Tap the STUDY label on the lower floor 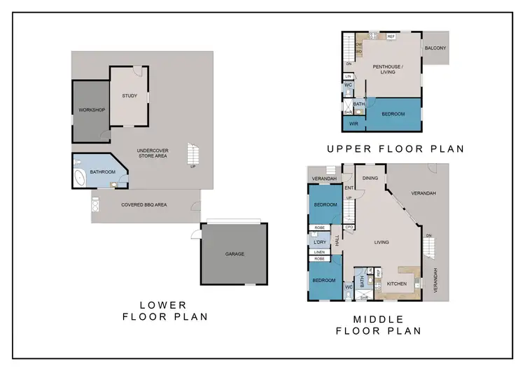point(129,96)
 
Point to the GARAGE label point(234,254)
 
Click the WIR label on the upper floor point(353,124)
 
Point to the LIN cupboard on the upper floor point(348,76)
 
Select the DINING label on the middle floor point(370,178)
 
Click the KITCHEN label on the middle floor point(396,283)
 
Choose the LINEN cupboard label point(320,252)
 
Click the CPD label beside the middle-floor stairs point(349,227)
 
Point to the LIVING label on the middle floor point(381,242)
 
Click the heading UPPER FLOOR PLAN point(395,149)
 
